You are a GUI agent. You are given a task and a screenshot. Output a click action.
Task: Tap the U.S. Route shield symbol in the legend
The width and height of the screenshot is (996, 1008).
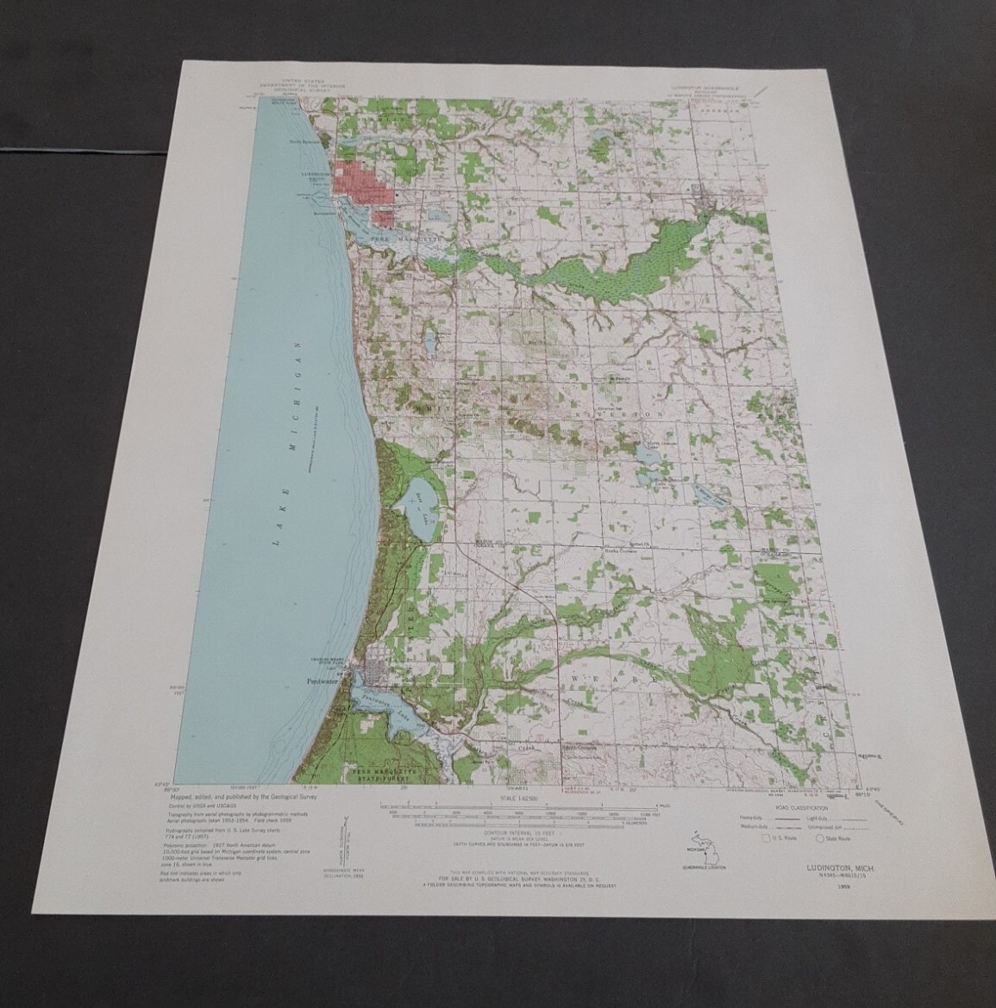coord(765,836)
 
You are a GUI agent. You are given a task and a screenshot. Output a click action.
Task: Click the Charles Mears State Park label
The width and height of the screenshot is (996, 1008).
coord(316,664)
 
